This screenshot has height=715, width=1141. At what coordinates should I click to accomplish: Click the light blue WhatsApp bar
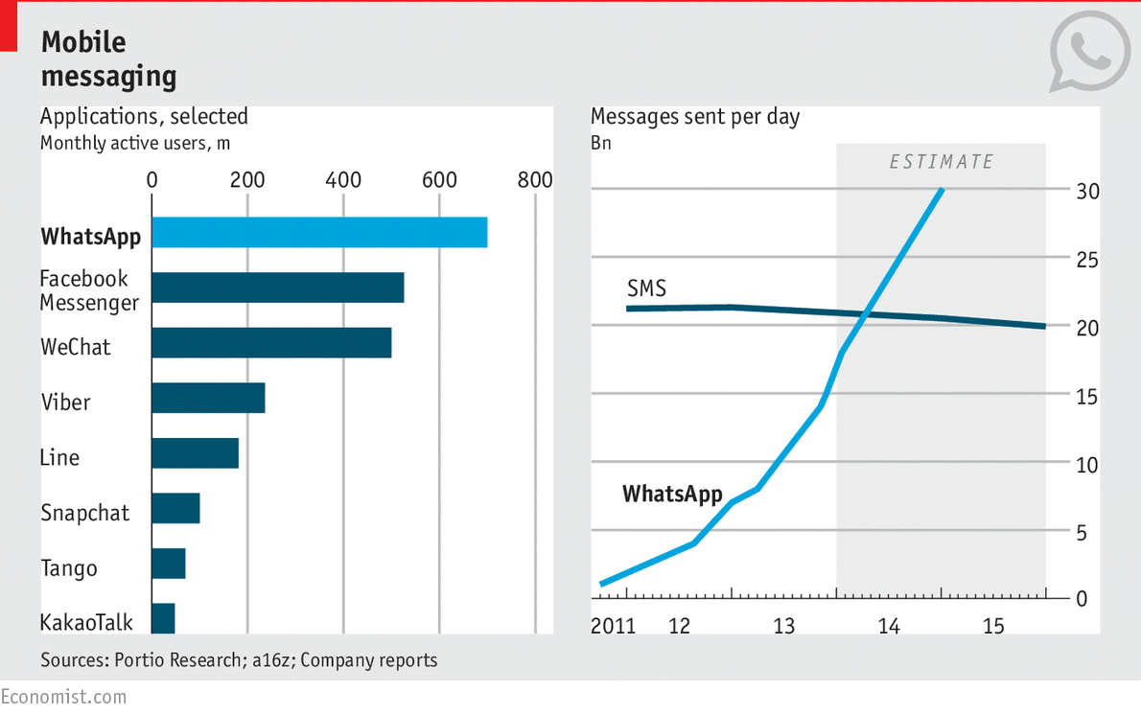(319, 233)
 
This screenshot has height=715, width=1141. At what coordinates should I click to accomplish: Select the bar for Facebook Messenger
(278, 288)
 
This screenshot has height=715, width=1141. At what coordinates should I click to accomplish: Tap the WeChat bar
(271, 343)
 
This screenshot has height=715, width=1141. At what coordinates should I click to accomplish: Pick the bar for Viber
(208, 398)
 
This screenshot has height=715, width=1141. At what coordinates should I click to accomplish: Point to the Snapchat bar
(175, 509)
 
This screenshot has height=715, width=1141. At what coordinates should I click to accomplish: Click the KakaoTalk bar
(163, 619)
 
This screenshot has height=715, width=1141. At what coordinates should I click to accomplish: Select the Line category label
(59, 457)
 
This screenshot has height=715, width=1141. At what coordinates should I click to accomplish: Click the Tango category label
(69, 568)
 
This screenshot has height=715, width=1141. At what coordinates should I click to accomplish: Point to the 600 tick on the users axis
(439, 180)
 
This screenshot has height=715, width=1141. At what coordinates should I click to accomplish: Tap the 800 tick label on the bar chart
(535, 180)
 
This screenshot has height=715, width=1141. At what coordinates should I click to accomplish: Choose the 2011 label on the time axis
(614, 627)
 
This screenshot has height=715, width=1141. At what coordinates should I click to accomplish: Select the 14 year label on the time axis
(889, 627)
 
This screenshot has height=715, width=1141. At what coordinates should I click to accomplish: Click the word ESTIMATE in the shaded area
(942, 162)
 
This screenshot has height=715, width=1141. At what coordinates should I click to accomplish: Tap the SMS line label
(646, 288)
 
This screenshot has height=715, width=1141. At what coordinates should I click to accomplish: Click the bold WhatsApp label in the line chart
(672, 495)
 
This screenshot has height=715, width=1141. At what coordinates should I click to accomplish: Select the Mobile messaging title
(107, 58)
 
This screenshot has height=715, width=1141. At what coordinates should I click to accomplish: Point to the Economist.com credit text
(63, 697)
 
